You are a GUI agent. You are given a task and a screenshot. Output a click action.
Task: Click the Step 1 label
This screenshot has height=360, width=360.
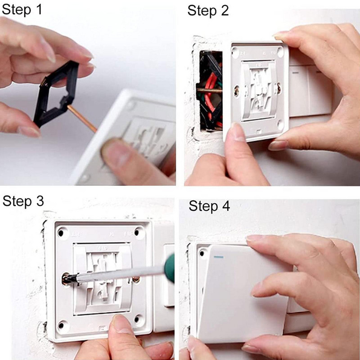coord(22,10)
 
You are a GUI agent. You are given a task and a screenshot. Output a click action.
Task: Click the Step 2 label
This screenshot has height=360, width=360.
coord(208,11)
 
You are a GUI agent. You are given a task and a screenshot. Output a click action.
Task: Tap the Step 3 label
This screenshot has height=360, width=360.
coord(23,201)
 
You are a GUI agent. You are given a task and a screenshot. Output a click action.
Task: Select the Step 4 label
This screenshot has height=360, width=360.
coord(209,206)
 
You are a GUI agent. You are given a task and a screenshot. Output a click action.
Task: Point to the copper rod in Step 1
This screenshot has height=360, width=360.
coord(82,118)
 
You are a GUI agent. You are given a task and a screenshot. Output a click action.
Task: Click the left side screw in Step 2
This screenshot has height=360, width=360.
coord(237,91)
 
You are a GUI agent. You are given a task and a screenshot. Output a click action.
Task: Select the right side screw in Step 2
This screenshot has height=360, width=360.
coord(279,88)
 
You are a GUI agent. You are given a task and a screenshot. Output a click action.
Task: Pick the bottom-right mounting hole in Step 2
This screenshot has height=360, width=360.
coord(280,124)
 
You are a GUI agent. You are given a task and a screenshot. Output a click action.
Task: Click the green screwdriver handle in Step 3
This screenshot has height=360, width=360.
coord(169,268)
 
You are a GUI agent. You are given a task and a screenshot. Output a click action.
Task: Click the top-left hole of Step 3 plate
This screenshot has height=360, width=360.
coord(61,233)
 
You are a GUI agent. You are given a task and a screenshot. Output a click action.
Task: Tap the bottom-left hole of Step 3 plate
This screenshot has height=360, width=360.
coord(61,325)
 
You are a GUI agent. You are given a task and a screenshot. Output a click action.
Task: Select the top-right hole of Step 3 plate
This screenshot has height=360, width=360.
coord(137,232)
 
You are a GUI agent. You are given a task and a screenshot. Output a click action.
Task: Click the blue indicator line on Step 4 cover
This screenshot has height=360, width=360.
coord(219,257)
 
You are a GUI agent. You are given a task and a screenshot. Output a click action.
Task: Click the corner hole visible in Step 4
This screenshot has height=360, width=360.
coord(202,253)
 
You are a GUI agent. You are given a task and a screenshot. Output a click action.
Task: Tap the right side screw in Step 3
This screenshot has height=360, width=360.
coord(136,279)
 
